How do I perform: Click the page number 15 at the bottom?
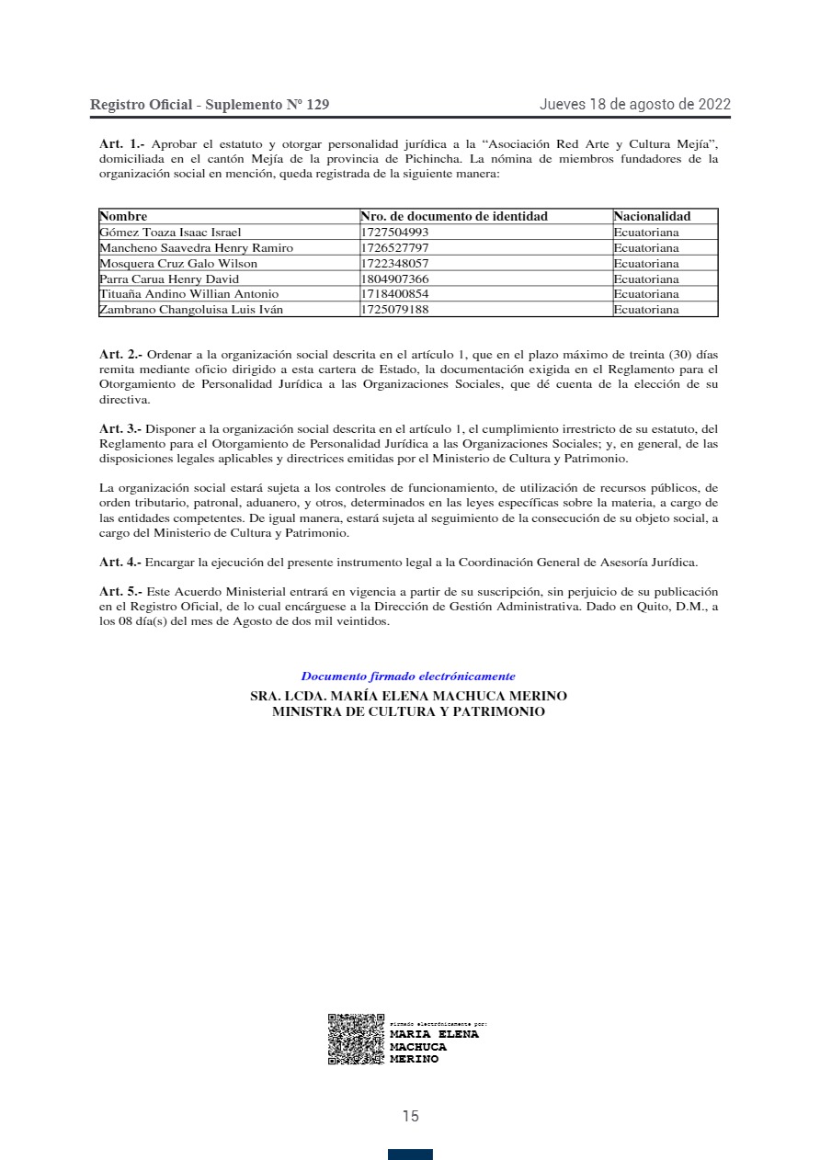click(410, 1116)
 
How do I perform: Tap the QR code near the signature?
click(356, 1040)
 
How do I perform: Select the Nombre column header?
click(123, 216)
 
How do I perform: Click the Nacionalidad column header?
click(652, 216)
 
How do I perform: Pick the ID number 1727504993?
click(394, 233)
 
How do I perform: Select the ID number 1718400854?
click(394, 294)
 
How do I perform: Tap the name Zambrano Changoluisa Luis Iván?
click(190, 310)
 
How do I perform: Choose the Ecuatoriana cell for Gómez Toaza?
click(646, 233)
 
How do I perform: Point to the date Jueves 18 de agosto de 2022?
click(634, 104)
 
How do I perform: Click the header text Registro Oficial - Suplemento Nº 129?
click(210, 105)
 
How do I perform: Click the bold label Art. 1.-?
click(122, 143)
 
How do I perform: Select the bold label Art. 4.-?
click(120, 561)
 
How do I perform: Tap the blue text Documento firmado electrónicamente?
click(408, 677)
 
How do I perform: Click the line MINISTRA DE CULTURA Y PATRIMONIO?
click(408, 711)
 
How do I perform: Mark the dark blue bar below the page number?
click(410, 1154)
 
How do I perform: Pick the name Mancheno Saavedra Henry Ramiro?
click(196, 248)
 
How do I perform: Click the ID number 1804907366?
click(394, 279)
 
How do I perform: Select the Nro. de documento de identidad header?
click(454, 216)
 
